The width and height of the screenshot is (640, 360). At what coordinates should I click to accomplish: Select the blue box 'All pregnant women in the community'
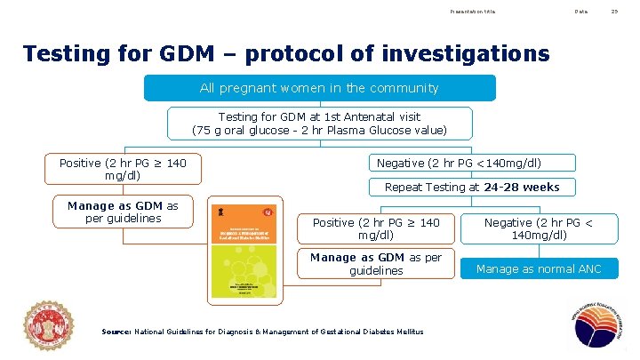319,88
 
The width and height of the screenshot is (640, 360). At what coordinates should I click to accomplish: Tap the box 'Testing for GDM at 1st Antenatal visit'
319,124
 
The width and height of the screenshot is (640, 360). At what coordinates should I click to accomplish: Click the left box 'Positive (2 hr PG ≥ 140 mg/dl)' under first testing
123,170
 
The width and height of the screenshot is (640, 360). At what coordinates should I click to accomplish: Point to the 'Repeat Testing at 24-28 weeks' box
471,187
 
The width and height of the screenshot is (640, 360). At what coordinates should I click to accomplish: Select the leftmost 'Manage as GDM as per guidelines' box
123,212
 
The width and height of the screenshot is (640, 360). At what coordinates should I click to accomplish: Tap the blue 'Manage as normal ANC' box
539,268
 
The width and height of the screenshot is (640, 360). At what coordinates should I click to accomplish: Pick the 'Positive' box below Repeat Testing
375,228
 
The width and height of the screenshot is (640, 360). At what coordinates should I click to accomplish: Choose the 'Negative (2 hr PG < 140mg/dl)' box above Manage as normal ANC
539,228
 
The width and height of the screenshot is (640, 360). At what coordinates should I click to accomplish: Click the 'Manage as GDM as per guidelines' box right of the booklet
375,264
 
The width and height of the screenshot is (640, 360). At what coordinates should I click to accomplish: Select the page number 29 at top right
613,12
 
